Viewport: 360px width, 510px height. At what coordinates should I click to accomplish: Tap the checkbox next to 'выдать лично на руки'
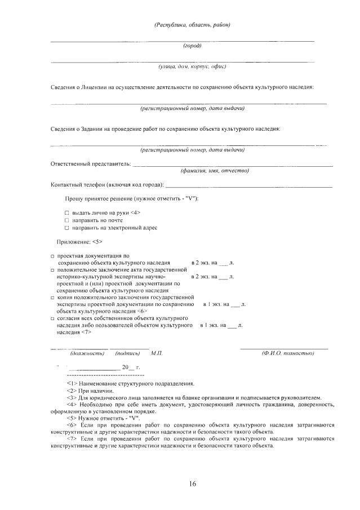[x=66, y=212]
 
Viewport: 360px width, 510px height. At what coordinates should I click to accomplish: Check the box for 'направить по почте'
[x=66, y=220]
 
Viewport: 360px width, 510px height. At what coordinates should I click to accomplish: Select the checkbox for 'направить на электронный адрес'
[x=66, y=228]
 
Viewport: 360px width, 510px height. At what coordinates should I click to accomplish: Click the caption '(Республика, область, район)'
[x=192, y=25]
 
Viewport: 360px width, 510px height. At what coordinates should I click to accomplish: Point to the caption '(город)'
[x=192, y=46]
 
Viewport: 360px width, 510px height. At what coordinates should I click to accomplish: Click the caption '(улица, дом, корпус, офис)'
[x=192, y=66]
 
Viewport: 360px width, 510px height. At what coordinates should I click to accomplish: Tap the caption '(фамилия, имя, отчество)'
[x=214, y=170]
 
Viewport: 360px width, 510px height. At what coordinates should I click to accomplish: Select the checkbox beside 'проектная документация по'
[x=52, y=256]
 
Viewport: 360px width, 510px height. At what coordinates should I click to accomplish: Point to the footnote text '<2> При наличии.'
[x=90, y=391]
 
